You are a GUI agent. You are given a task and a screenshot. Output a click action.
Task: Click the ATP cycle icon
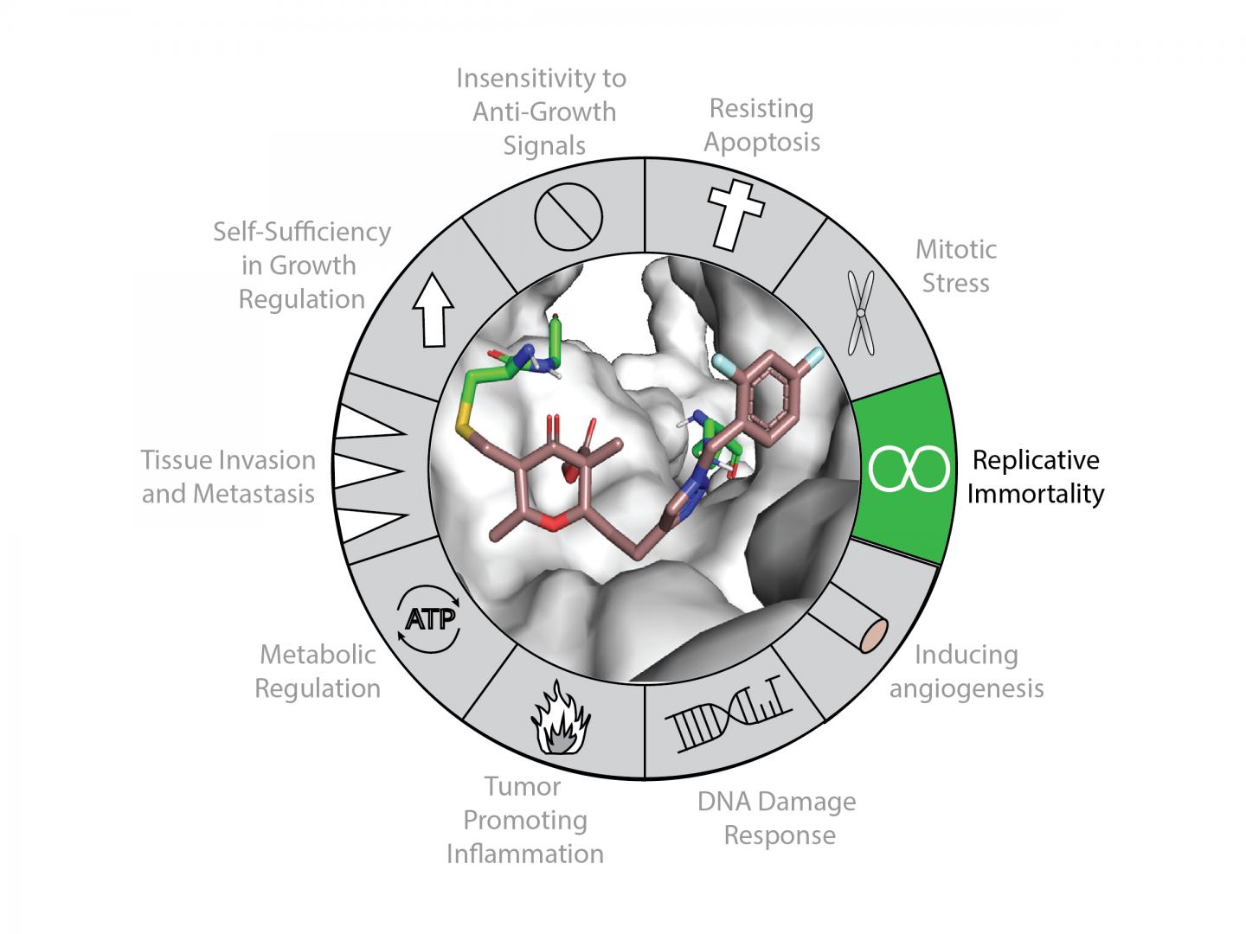coord(430,620)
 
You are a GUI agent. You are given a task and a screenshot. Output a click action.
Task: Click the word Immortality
coord(1036,493)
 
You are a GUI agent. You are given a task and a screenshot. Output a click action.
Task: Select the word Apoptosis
coord(761,142)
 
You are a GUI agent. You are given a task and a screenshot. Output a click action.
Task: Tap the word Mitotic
coord(955,249)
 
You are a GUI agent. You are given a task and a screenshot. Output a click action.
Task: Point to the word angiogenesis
coord(967,688)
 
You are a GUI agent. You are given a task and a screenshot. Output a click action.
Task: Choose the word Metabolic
coord(318,654)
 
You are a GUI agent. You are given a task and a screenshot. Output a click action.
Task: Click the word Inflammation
coord(524,854)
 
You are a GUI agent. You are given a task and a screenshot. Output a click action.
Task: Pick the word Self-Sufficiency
coord(301,232)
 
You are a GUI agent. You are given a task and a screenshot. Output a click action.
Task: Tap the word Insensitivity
coord(541,79)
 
